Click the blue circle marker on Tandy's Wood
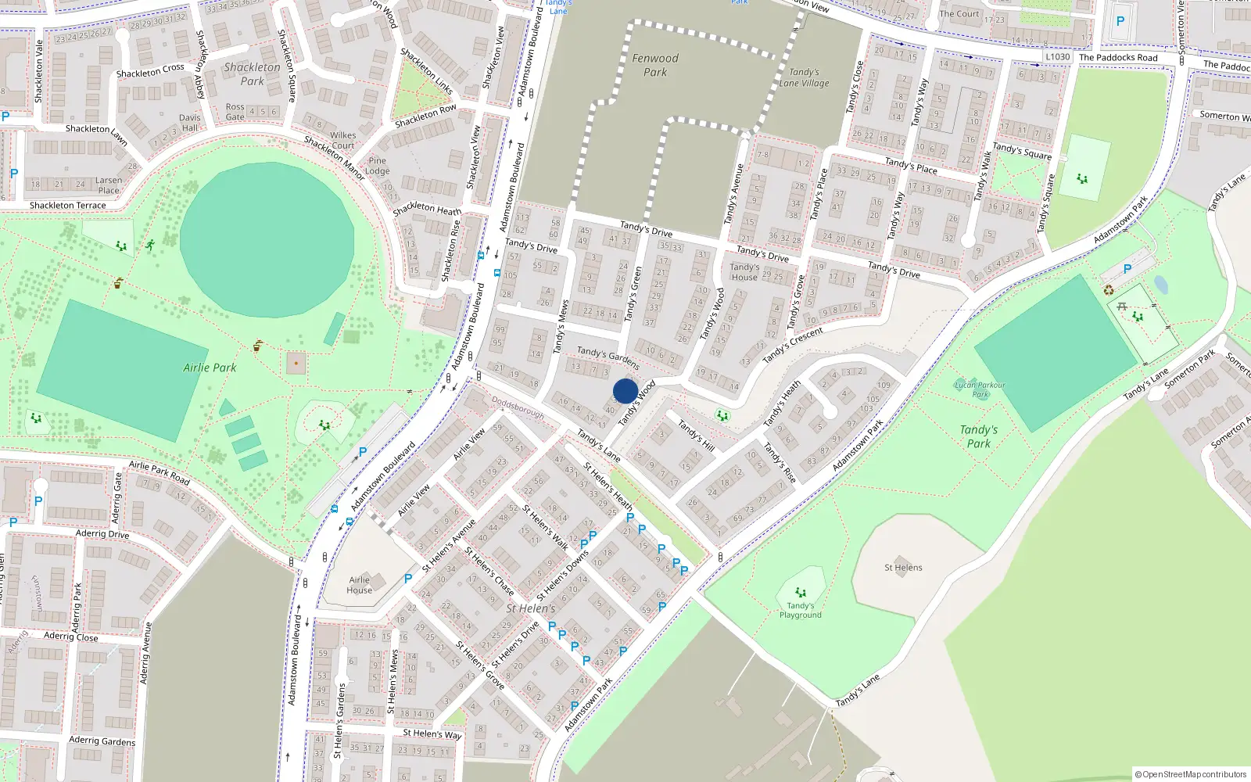625,391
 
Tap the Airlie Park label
210,368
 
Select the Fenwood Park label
655,65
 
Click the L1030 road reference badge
1057,57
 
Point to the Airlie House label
360,585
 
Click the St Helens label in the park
903,568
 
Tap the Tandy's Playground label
800,610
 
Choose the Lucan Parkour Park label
980,389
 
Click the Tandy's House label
744,272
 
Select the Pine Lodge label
377,166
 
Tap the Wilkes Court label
342,141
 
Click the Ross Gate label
235,112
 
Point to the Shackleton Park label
252,74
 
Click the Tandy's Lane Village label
804,77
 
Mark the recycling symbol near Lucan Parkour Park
1109,290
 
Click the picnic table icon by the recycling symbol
1122,306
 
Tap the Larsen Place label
109,185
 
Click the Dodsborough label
518,407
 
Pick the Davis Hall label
190,123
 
